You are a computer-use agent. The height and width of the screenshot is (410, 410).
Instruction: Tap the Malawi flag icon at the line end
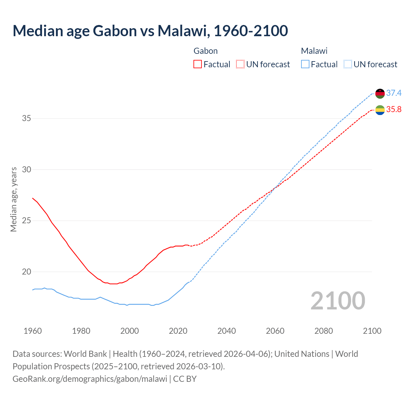(380, 94)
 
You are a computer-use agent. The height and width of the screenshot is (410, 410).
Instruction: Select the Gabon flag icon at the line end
(380, 110)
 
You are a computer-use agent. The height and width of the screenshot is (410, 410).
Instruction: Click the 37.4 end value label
(394, 93)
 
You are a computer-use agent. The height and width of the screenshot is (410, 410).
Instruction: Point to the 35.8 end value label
(394, 110)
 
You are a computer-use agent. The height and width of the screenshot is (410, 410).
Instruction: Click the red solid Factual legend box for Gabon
(198, 64)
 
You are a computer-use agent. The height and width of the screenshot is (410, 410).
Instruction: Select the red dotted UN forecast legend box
(240, 64)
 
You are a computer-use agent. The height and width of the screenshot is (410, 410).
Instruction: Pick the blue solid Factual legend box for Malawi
(305, 64)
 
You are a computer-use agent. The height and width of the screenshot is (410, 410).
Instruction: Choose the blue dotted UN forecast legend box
(348, 64)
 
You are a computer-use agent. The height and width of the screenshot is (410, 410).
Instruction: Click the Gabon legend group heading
(206, 51)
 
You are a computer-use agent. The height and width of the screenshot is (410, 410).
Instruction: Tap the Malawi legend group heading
(314, 51)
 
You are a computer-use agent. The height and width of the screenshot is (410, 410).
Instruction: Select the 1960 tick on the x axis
(33, 331)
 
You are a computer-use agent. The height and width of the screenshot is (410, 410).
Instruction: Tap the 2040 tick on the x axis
(226, 331)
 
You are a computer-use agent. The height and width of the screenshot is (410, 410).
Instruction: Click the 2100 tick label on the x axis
(372, 331)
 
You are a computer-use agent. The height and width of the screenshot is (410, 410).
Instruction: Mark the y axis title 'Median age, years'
(13, 199)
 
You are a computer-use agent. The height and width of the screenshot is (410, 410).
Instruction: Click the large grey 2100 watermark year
(338, 301)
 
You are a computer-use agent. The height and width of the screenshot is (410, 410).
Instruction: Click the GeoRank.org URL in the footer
(90, 379)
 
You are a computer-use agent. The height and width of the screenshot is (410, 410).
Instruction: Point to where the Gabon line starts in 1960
(33, 198)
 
